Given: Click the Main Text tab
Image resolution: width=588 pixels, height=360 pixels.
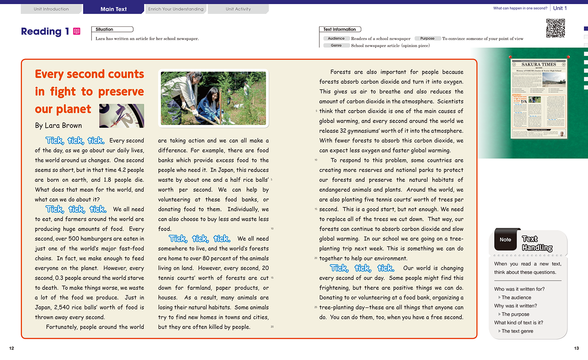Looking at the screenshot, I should tap(114, 9).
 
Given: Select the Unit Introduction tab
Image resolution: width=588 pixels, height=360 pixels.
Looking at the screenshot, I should tap(51, 9).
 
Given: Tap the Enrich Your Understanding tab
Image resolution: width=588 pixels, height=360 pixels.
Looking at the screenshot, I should tap(176, 9).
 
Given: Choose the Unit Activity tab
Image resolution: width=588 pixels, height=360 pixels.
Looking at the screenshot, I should tap(238, 9).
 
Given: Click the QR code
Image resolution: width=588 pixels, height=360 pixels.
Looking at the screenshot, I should tap(555, 28).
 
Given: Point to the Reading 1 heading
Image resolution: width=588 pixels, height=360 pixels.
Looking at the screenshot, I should tap(45, 32).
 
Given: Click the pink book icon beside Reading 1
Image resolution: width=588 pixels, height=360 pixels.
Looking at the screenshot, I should tap(77, 31).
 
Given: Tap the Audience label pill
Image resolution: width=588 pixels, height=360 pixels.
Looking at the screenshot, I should tap(336, 38).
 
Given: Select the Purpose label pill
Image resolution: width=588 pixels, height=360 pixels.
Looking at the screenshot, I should tap(427, 38).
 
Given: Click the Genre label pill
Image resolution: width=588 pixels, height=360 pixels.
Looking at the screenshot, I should tap(336, 45).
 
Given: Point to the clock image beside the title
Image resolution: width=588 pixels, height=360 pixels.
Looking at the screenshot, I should tap(122, 116).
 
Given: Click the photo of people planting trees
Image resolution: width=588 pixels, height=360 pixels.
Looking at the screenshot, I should tap(213, 98).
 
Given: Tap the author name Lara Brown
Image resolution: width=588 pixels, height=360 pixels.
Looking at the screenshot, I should tap(58, 125).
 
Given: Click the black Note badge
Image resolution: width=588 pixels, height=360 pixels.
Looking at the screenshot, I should tap(505, 240).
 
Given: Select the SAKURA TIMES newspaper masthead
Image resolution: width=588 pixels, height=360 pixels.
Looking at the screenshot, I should tap(539, 64).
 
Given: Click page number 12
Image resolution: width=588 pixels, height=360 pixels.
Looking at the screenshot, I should tap(12, 348).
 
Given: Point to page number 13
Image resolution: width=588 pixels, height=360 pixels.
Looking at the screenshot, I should tap(576, 348).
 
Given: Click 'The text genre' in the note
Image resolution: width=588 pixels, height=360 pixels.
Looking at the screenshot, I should tap(517, 331).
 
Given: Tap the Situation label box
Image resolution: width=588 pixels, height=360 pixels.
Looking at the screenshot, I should tap(112, 29).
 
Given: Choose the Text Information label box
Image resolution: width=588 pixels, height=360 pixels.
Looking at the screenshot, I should tap(339, 29).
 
